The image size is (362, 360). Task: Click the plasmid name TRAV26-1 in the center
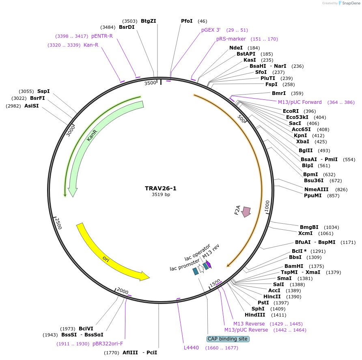click(x=161, y=188)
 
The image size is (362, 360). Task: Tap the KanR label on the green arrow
click(x=92, y=135)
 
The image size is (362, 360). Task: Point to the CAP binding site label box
click(x=227, y=339)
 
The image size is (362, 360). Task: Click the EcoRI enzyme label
click(x=291, y=111)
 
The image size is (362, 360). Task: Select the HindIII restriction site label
click(x=255, y=315)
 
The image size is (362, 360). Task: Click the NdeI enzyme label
click(x=236, y=48)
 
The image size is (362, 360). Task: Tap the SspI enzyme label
click(x=43, y=91)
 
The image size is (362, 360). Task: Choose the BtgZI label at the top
click(x=149, y=21)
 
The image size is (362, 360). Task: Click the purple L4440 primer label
click(x=192, y=347)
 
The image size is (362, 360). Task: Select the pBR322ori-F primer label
click(x=108, y=344)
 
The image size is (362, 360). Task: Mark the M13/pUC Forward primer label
click(x=300, y=102)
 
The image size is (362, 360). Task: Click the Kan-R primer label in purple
click(x=91, y=45)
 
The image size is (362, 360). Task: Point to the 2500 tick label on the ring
click(x=58, y=223)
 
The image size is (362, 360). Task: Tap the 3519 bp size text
click(x=161, y=195)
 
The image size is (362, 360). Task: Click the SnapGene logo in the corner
click(x=348, y=3)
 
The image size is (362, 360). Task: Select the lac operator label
click(x=197, y=253)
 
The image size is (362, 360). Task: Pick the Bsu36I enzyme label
click(x=314, y=181)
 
